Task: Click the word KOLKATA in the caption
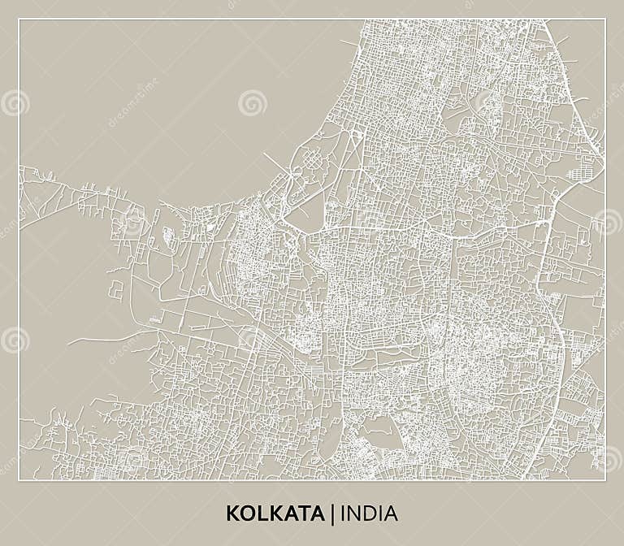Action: pyautogui.click(x=275, y=513)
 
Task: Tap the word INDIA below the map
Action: pyautogui.click(x=370, y=513)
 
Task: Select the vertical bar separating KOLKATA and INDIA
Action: pyautogui.click(x=332, y=513)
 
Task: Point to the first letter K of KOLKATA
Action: pyautogui.click(x=232, y=513)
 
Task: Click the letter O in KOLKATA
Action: pyautogui.click(x=245, y=513)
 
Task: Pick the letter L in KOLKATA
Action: pyautogui.click(x=259, y=513)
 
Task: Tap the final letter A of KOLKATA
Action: pyautogui.click(x=318, y=513)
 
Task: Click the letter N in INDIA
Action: pyautogui.click(x=353, y=513)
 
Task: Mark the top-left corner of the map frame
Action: pyautogui.click(x=19, y=19)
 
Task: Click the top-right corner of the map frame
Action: pyautogui.click(x=604, y=19)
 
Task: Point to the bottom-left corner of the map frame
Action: pyautogui.click(x=19, y=479)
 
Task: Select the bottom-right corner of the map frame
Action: pyautogui.click(x=604, y=479)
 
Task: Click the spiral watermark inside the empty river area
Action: pyautogui.click(x=253, y=102)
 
